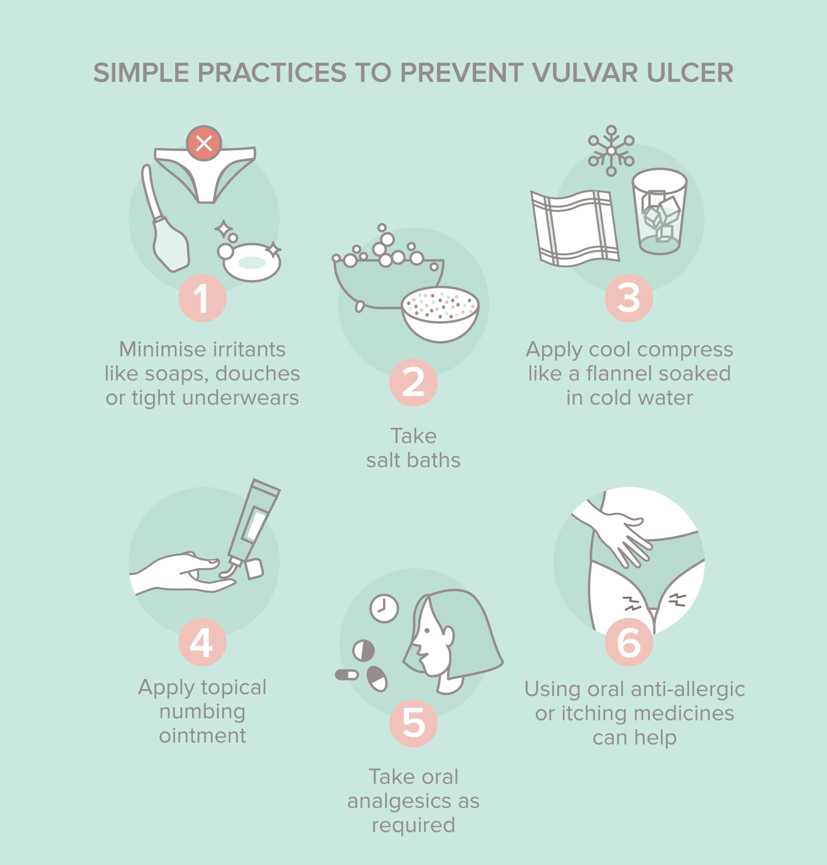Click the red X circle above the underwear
coord(203,143)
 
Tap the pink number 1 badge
coord(202,298)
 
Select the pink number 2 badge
coord(413,382)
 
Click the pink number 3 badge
coord(628,298)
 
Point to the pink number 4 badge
coord(202,642)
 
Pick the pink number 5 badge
coord(413,723)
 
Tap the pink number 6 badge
coord(628,642)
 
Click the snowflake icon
coord(611,151)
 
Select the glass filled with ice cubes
coord(659,212)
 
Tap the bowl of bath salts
coord(440,313)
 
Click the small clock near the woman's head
coord(384,609)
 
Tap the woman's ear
coord(448,635)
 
